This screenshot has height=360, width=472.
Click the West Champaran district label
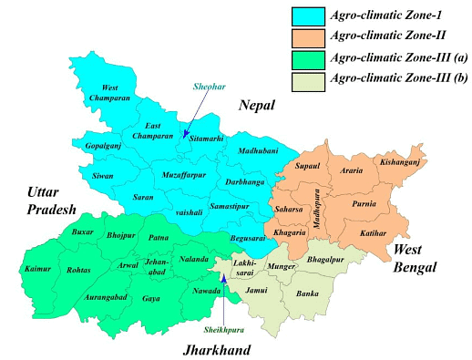[109, 94]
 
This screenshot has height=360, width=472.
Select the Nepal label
[258, 107]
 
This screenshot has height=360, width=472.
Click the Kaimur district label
[36, 270]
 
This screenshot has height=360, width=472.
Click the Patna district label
[159, 237]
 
